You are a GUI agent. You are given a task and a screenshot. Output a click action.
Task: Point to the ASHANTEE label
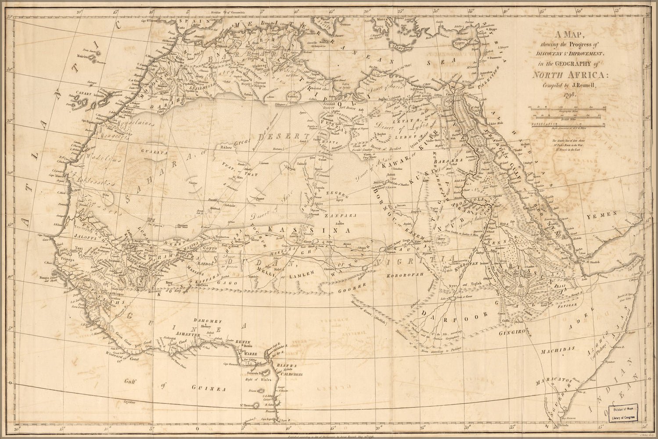point(188,334)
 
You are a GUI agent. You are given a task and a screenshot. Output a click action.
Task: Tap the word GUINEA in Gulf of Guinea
point(209,389)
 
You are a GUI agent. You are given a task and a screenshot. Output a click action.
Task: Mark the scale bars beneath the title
point(568,116)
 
